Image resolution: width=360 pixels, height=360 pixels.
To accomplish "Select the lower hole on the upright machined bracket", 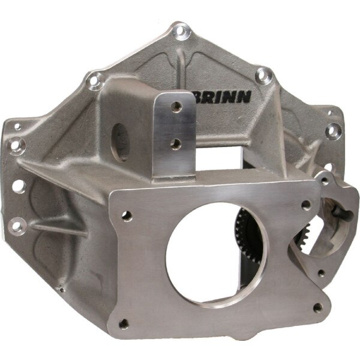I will [176, 142].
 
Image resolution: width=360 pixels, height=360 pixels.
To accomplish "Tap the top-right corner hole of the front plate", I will [306, 205].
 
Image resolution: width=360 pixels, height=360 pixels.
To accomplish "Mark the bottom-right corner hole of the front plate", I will [317, 308].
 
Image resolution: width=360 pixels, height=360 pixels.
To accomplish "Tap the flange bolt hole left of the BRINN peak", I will [94, 78].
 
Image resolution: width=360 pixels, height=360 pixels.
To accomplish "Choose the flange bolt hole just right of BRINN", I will [260, 74].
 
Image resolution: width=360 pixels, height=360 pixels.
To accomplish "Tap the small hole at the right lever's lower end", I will [322, 273].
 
